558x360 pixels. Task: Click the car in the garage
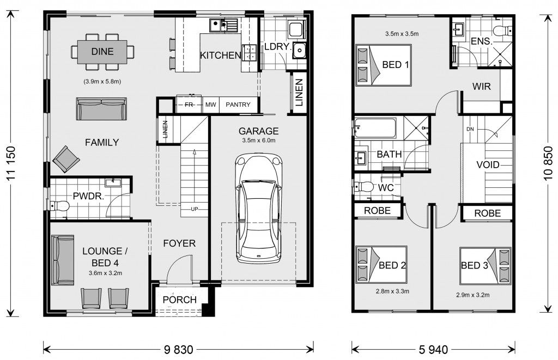[258, 207]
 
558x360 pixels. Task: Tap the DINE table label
[102, 52]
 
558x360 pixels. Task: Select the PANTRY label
[238, 105]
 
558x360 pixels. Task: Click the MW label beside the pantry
[210, 105]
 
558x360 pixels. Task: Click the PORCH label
[179, 300]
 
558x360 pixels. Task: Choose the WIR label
[482, 86]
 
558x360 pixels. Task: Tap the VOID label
[487, 164]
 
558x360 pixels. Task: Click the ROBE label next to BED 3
[487, 213]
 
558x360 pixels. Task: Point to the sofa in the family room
[101, 109]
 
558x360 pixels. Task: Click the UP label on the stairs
[194, 209]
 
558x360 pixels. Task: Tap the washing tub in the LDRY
[300, 50]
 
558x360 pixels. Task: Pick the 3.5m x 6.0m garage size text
[258, 141]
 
